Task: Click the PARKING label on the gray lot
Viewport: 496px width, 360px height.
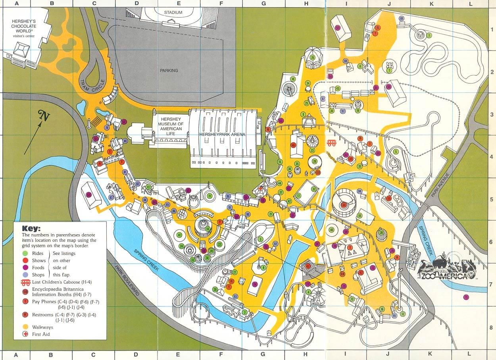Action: pyautogui.click(x=169, y=71)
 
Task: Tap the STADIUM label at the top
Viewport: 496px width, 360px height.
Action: pyautogui.click(x=173, y=13)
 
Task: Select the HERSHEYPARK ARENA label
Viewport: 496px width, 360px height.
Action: pyautogui.click(x=222, y=135)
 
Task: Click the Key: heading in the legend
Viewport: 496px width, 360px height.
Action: pyautogui.click(x=31, y=229)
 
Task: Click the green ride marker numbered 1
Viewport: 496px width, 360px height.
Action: pyautogui.click(x=429, y=35)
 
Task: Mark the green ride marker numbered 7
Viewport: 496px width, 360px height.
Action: pyautogui.click(x=389, y=71)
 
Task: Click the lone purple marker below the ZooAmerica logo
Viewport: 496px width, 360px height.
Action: pyautogui.click(x=466, y=297)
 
